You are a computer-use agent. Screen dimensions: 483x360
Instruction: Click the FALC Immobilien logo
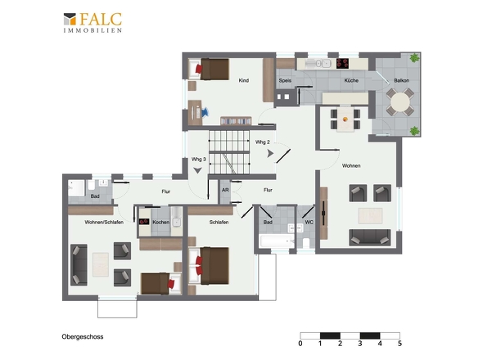coord(93,22)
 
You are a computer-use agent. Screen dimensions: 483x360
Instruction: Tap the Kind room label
coord(244,80)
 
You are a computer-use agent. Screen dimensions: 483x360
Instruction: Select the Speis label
coord(285,81)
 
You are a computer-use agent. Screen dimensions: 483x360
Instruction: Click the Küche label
coord(351,80)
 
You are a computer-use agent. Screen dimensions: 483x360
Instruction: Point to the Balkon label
coord(402,80)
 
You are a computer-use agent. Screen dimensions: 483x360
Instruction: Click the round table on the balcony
coord(400,102)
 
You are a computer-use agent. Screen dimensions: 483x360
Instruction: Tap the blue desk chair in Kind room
coord(205,112)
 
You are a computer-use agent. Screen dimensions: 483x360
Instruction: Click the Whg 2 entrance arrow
coord(270,153)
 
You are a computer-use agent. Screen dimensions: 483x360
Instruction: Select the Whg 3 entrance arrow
coord(197,170)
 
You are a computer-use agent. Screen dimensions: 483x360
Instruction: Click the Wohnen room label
coord(351,165)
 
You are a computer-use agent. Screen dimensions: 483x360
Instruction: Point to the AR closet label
coord(225,190)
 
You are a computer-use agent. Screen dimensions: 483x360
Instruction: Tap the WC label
coord(309,222)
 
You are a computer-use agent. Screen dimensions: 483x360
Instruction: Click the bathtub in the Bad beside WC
coord(277,241)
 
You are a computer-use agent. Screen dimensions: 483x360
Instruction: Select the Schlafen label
coord(219,222)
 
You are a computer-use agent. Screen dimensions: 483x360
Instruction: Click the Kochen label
coord(160,222)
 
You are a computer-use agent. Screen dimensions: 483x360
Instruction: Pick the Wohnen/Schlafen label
coord(104,222)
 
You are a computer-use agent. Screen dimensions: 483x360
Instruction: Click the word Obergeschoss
coord(83,336)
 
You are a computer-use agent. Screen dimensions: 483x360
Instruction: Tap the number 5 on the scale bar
coord(399,344)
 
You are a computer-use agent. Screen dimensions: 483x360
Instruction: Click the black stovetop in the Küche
coord(342,63)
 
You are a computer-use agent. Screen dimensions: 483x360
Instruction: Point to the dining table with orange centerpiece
coord(345,119)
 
